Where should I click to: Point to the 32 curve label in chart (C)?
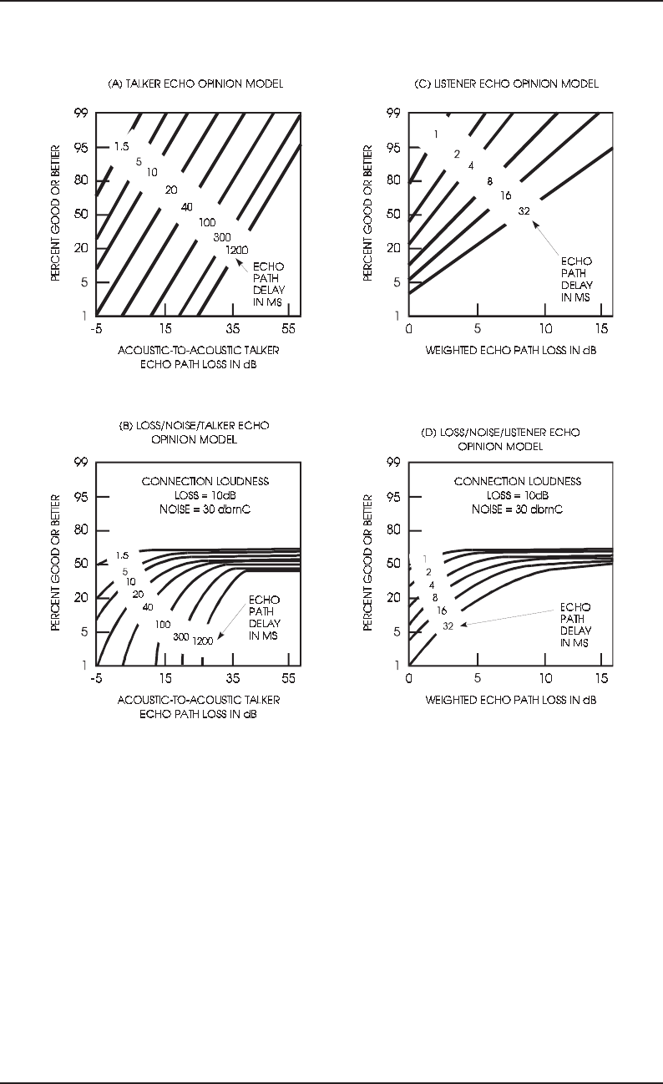tap(524, 210)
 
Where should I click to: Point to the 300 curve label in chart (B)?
tap(181, 636)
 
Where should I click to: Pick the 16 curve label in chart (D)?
tap(441, 610)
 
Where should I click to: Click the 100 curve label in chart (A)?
tap(207, 222)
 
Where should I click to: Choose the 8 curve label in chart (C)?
tap(489, 181)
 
